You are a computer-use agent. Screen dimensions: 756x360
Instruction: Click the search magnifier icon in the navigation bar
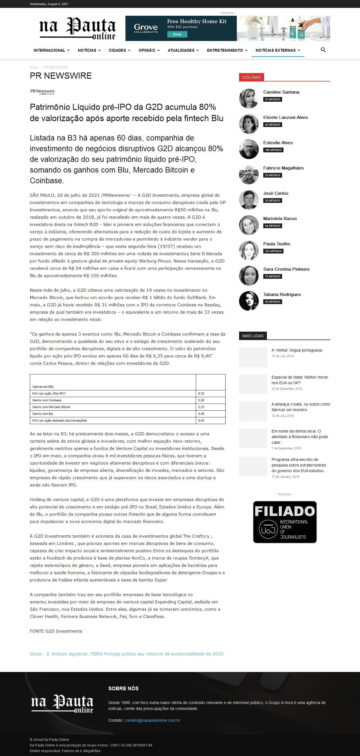pos(323,50)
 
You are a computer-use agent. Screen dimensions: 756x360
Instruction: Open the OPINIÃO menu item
pos(149,51)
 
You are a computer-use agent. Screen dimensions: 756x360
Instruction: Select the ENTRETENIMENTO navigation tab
pos(227,51)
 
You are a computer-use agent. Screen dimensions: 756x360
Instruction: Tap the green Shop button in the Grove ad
pos(177,34)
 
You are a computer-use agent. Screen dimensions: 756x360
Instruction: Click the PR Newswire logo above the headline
pos(42,92)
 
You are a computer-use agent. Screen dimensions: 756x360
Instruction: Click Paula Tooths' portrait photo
pos(249,250)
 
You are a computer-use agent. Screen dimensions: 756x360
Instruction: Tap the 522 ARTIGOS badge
pos(273,251)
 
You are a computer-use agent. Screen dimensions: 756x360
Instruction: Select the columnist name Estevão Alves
pos(278,143)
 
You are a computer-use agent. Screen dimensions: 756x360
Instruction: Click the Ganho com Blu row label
pos(42,414)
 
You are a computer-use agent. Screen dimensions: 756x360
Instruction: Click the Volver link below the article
pos(36,654)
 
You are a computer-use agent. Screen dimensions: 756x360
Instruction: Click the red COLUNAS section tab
pos(251,77)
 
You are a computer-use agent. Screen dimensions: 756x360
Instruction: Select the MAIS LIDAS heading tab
pos(253,336)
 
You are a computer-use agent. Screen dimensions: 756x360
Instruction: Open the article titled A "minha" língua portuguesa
pos(296,350)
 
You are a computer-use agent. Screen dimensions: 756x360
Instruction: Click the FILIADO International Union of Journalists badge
pos(285,522)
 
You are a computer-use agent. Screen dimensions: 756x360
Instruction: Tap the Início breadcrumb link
pos(34,67)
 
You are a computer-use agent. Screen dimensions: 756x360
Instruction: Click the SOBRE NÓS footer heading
pos(123,689)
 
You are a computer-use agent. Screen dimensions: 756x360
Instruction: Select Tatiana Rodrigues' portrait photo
pos(249,301)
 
